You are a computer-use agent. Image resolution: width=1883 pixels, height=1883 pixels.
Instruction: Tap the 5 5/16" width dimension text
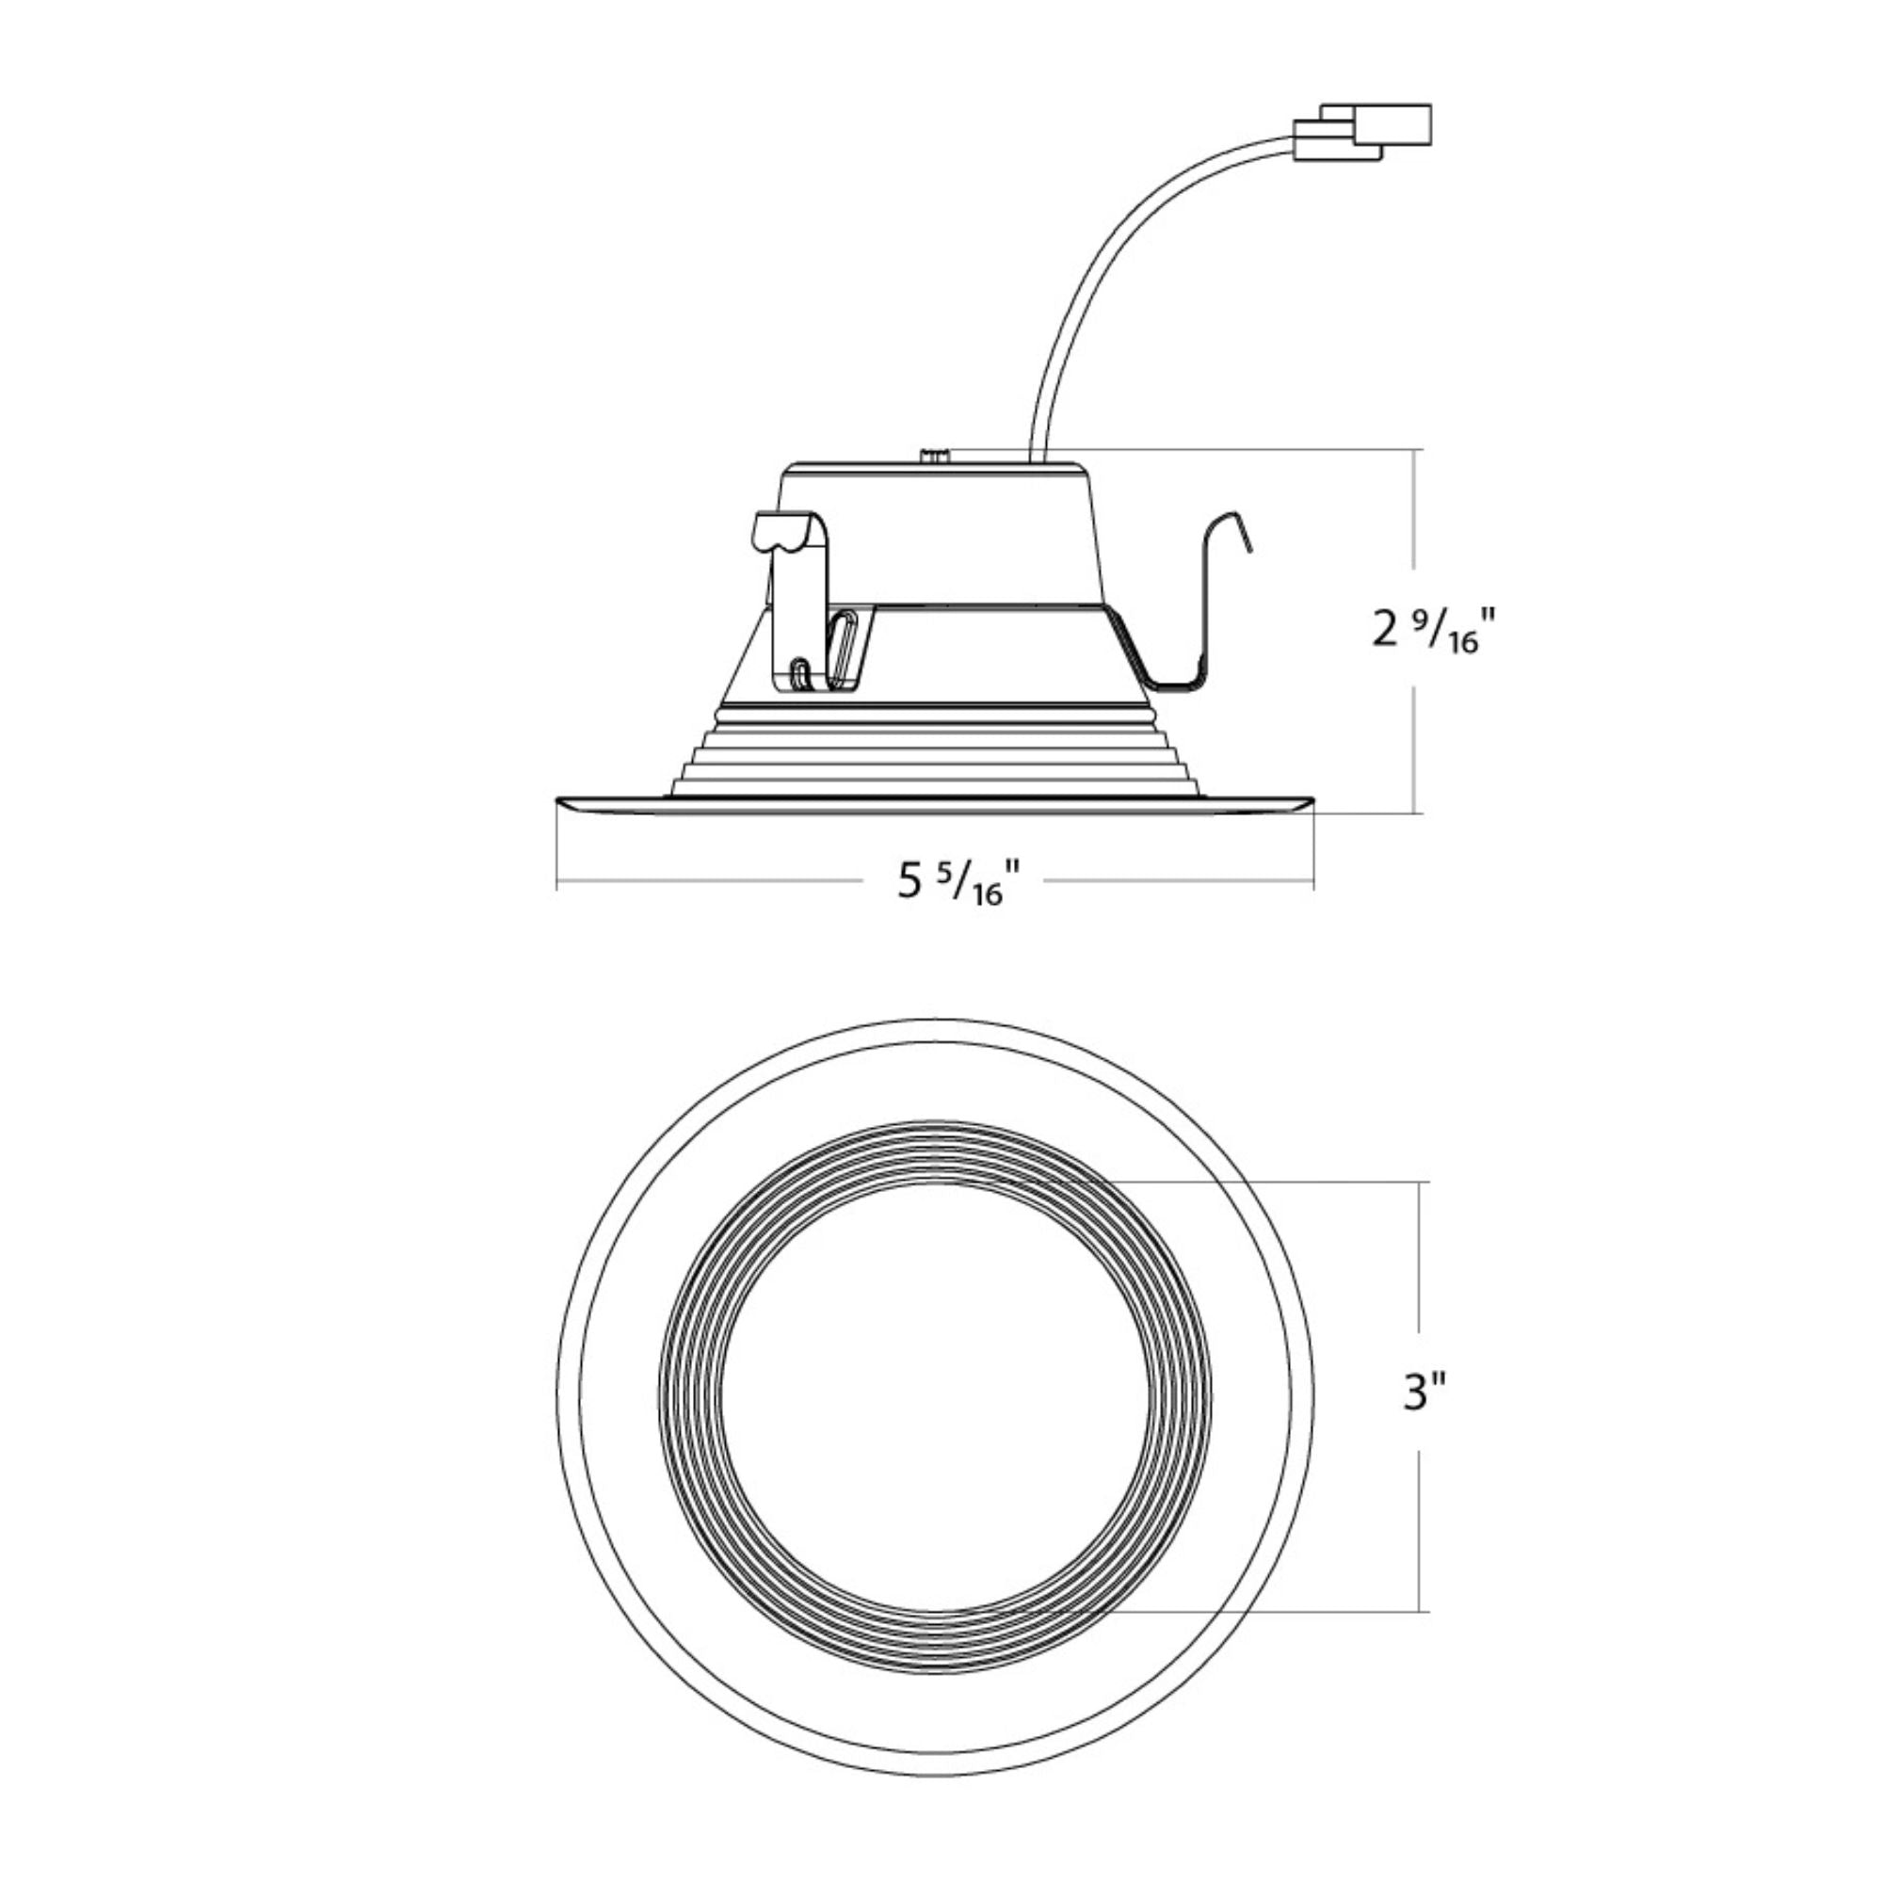click(x=959, y=883)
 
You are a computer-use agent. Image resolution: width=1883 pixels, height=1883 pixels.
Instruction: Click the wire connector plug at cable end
click(x=1364, y=134)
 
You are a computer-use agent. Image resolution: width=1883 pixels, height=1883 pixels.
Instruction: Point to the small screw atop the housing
click(x=936, y=454)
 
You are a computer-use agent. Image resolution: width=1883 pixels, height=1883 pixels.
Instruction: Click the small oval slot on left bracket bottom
click(x=801, y=674)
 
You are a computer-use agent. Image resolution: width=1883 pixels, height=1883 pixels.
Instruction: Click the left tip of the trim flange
click(x=559, y=801)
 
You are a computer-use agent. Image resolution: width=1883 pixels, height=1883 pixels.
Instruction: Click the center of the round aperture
click(x=936, y=1393)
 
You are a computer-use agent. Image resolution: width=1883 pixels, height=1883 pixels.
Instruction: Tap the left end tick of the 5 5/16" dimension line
click(x=556, y=882)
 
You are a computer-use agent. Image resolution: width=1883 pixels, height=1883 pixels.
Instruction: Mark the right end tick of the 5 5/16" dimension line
click(x=1312, y=882)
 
